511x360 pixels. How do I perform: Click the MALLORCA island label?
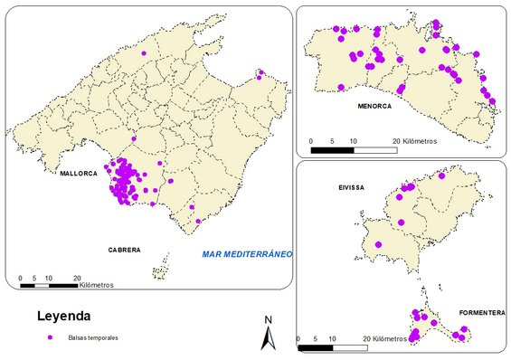click(79, 172)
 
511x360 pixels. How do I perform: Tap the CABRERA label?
click(124, 249)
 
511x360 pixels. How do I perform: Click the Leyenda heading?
click(63, 317)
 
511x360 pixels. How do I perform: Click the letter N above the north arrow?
click(268, 319)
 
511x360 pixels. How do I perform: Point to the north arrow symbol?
click(268, 337)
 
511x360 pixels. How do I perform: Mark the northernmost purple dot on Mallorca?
click(144, 52)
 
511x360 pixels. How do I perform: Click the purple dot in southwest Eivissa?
click(379, 244)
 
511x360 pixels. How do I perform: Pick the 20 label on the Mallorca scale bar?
click(78, 278)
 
